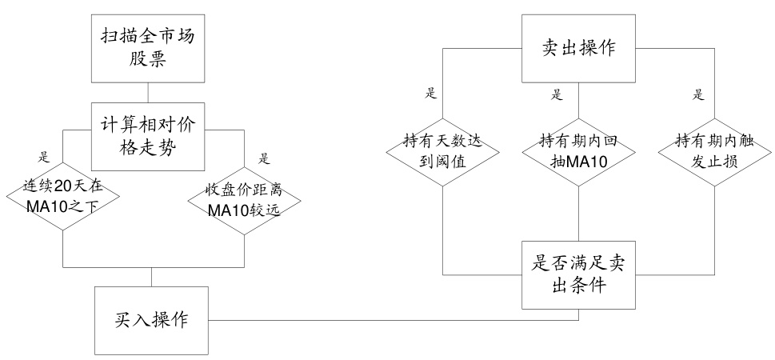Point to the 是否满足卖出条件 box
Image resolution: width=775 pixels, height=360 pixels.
coord(578,274)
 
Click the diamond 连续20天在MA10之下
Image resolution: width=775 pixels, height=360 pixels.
coord(63,194)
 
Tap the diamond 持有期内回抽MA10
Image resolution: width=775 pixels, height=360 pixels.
coord(578,150)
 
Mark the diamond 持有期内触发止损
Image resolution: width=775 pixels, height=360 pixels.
coord(713,150)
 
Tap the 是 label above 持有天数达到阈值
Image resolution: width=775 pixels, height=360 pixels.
coord(431,94)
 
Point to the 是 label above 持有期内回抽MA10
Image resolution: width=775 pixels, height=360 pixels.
coord(557,94)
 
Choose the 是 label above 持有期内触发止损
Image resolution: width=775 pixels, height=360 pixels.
coord(698,94)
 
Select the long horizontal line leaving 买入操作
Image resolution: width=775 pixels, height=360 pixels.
coord(392,319)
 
